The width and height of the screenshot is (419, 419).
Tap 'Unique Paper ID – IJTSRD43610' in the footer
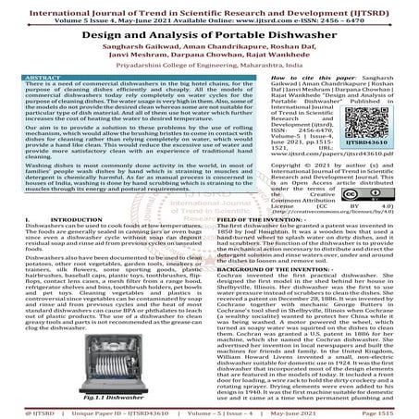point(115,412)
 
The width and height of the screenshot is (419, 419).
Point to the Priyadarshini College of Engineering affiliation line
point(209,67)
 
